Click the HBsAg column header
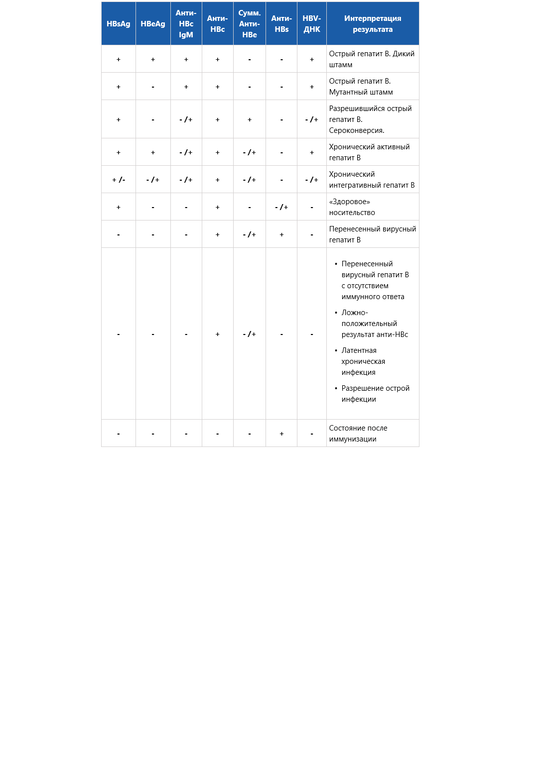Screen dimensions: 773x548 click(x=119, y=24)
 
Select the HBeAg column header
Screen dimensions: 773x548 click(x=153, y=24)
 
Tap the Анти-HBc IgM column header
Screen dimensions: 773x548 click(x=186, y=24)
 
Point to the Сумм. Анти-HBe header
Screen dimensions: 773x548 click(x=250, y=24)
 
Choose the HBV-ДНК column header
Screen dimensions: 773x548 click(x=312, y=24)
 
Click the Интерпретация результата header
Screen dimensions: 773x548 click(x=373, y=24)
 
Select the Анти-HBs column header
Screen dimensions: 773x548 click(x=281, y=24)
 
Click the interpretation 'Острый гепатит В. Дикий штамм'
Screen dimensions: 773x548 click(x=372, y=59)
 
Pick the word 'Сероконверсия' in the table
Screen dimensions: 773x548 click(x=356, y=130)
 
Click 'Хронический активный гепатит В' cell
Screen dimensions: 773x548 click(x=369, y=152)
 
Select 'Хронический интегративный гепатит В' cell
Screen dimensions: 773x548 click(x=372, y=180)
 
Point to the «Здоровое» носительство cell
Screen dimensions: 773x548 click(x=352, y=207)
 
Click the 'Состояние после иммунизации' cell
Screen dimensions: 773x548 click(x=358, y=434)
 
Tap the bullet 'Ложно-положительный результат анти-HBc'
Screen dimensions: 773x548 click(x=374, y=324)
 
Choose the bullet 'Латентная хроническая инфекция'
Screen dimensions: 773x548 click(x=363, y=361)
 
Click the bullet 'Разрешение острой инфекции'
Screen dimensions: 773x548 click(x=375, y=394)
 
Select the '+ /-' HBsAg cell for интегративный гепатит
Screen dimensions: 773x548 click(x=119, y=180)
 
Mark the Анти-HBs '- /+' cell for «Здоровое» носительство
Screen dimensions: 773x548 click(x=281, y=207)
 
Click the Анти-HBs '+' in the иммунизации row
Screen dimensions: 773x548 click(x=281, y=434)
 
